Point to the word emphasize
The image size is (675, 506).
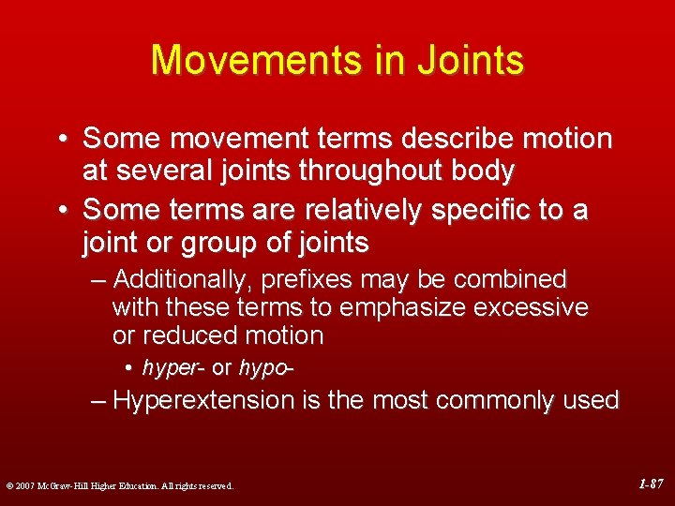pos(418,307)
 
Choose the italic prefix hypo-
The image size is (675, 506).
pos(267,367)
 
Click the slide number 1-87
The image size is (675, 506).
pos(650,484)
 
